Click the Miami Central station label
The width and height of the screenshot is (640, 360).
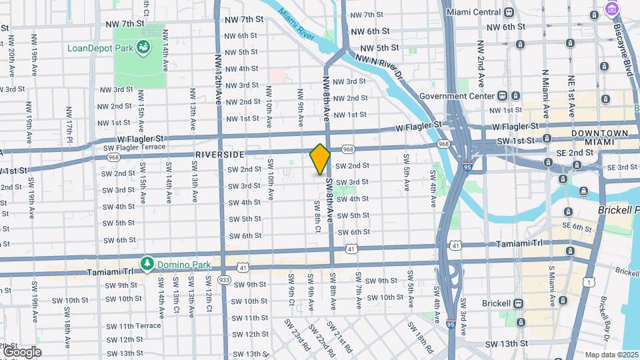pos(473,13)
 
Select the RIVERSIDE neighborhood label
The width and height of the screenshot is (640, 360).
pos(219,154)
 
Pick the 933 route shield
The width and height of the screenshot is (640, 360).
pos(224,280)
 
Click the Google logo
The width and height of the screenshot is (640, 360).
pos(21,351)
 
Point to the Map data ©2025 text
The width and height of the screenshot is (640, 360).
pos(611,355)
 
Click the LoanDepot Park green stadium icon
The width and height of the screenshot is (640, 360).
pos(142,47)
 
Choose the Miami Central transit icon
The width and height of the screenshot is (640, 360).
pos(509,13)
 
